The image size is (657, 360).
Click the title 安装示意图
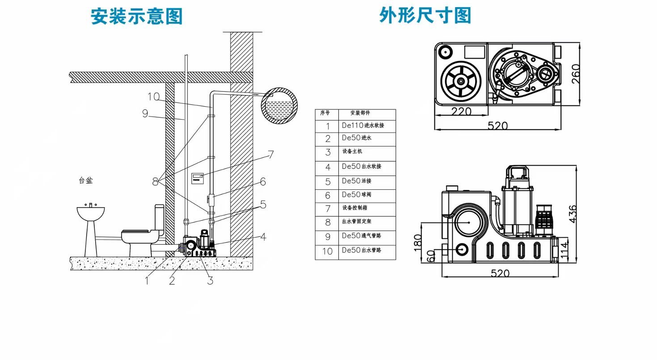(137, 17)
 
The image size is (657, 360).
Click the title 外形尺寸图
(425, 15)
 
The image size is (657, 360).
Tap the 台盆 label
(85, 181)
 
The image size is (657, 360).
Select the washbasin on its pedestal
(90, 228)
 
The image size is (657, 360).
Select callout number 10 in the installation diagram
(153, 97)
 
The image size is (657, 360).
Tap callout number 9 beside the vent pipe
(145, 114)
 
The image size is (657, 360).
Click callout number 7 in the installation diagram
(270, 155)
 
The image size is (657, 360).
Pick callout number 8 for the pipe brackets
(155, 182)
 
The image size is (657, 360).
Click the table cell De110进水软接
(363, 126)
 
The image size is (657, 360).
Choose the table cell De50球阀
(357, 195)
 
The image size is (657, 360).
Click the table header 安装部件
(360, 113)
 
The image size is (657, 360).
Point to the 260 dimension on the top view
(576, 74)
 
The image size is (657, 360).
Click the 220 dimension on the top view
(461, 112)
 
